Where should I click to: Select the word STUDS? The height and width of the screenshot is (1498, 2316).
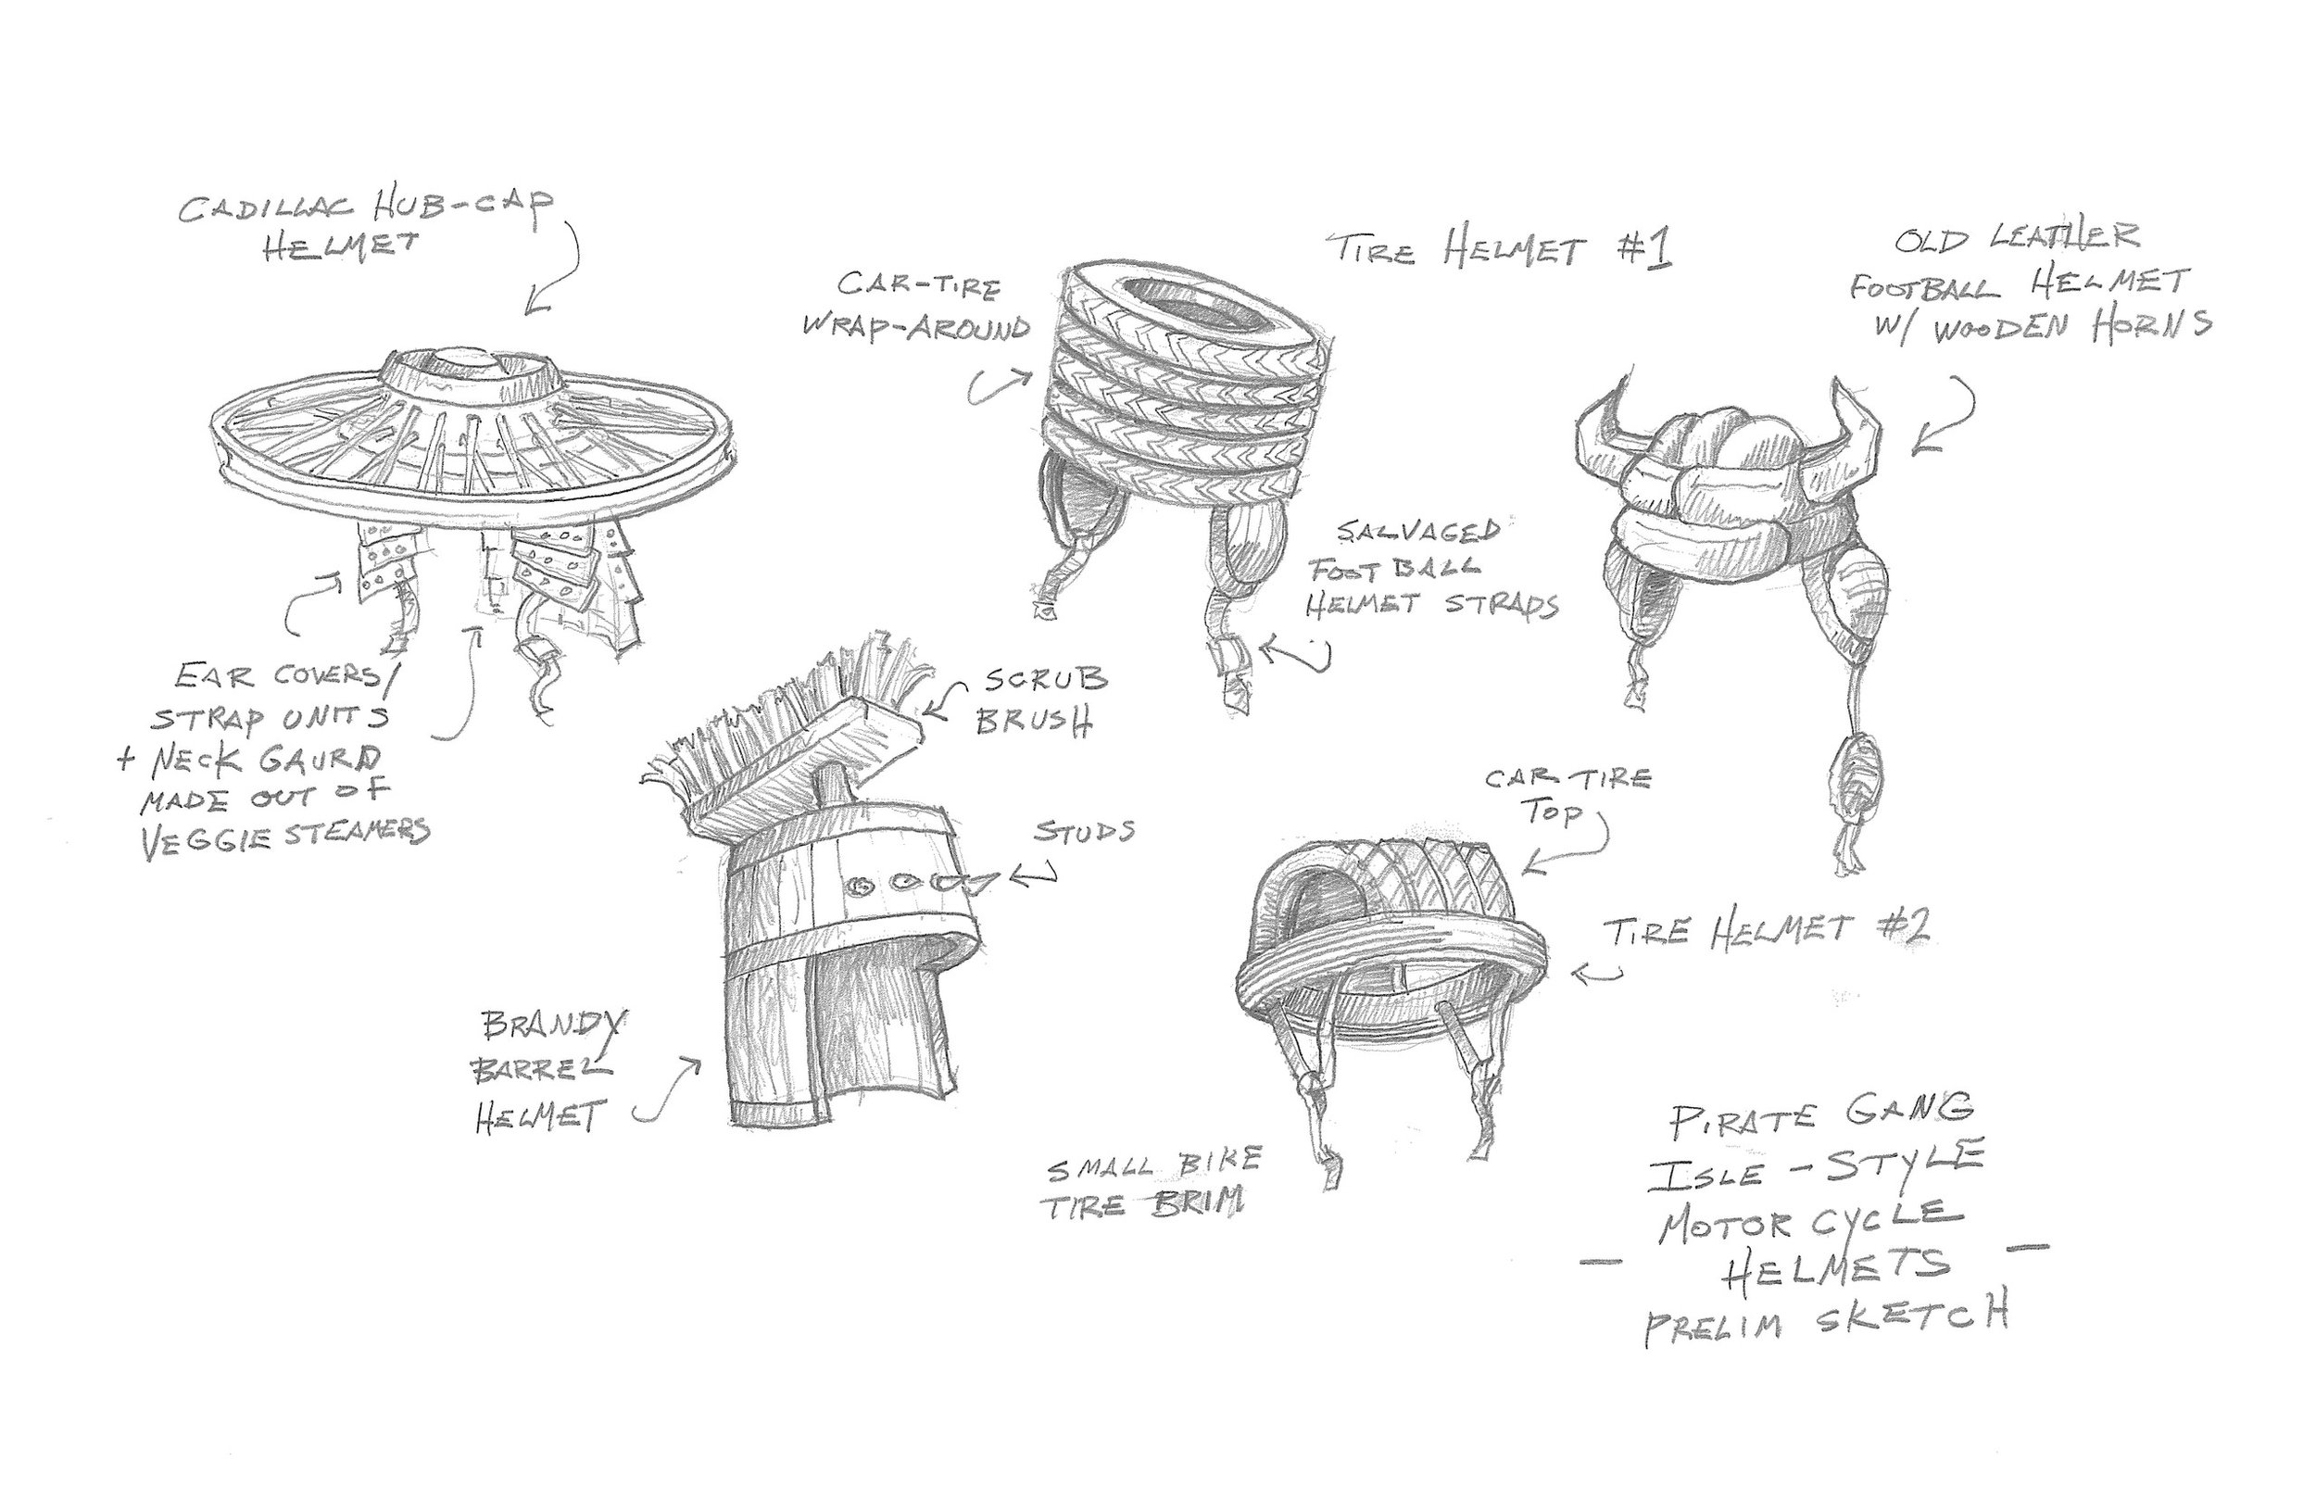point(1085,834)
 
